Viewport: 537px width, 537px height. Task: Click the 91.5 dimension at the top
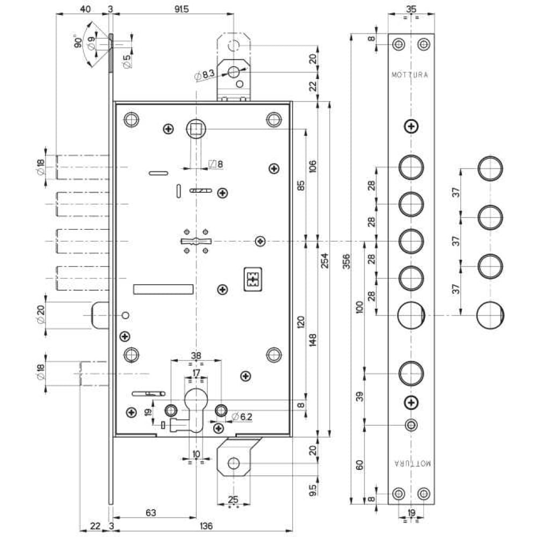[182, 9]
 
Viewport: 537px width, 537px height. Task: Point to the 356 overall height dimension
[346, 262]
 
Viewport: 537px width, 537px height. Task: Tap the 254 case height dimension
[325, 260]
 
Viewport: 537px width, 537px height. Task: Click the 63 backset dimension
[151, 512]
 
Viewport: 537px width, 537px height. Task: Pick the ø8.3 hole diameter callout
[205, 75]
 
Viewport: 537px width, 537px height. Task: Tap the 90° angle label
[78, 41]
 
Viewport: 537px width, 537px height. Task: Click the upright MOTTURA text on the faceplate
[410, 75]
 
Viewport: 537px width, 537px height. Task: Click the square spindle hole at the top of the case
[196, 129]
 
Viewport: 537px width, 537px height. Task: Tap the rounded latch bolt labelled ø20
[100, 315]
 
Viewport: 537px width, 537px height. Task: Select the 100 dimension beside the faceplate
[359, 308]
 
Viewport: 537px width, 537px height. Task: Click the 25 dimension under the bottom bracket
[233, 499]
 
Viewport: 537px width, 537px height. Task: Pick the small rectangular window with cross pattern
[253, 279]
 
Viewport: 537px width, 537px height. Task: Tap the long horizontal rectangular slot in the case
[163, 289]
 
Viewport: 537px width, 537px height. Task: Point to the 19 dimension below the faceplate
[411, 513]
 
